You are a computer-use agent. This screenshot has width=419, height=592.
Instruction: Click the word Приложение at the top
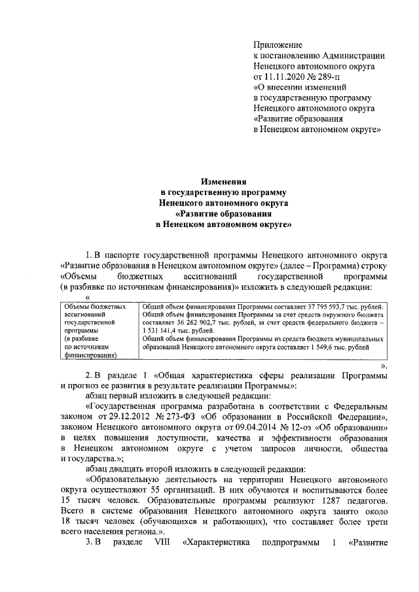coord(278,45)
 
